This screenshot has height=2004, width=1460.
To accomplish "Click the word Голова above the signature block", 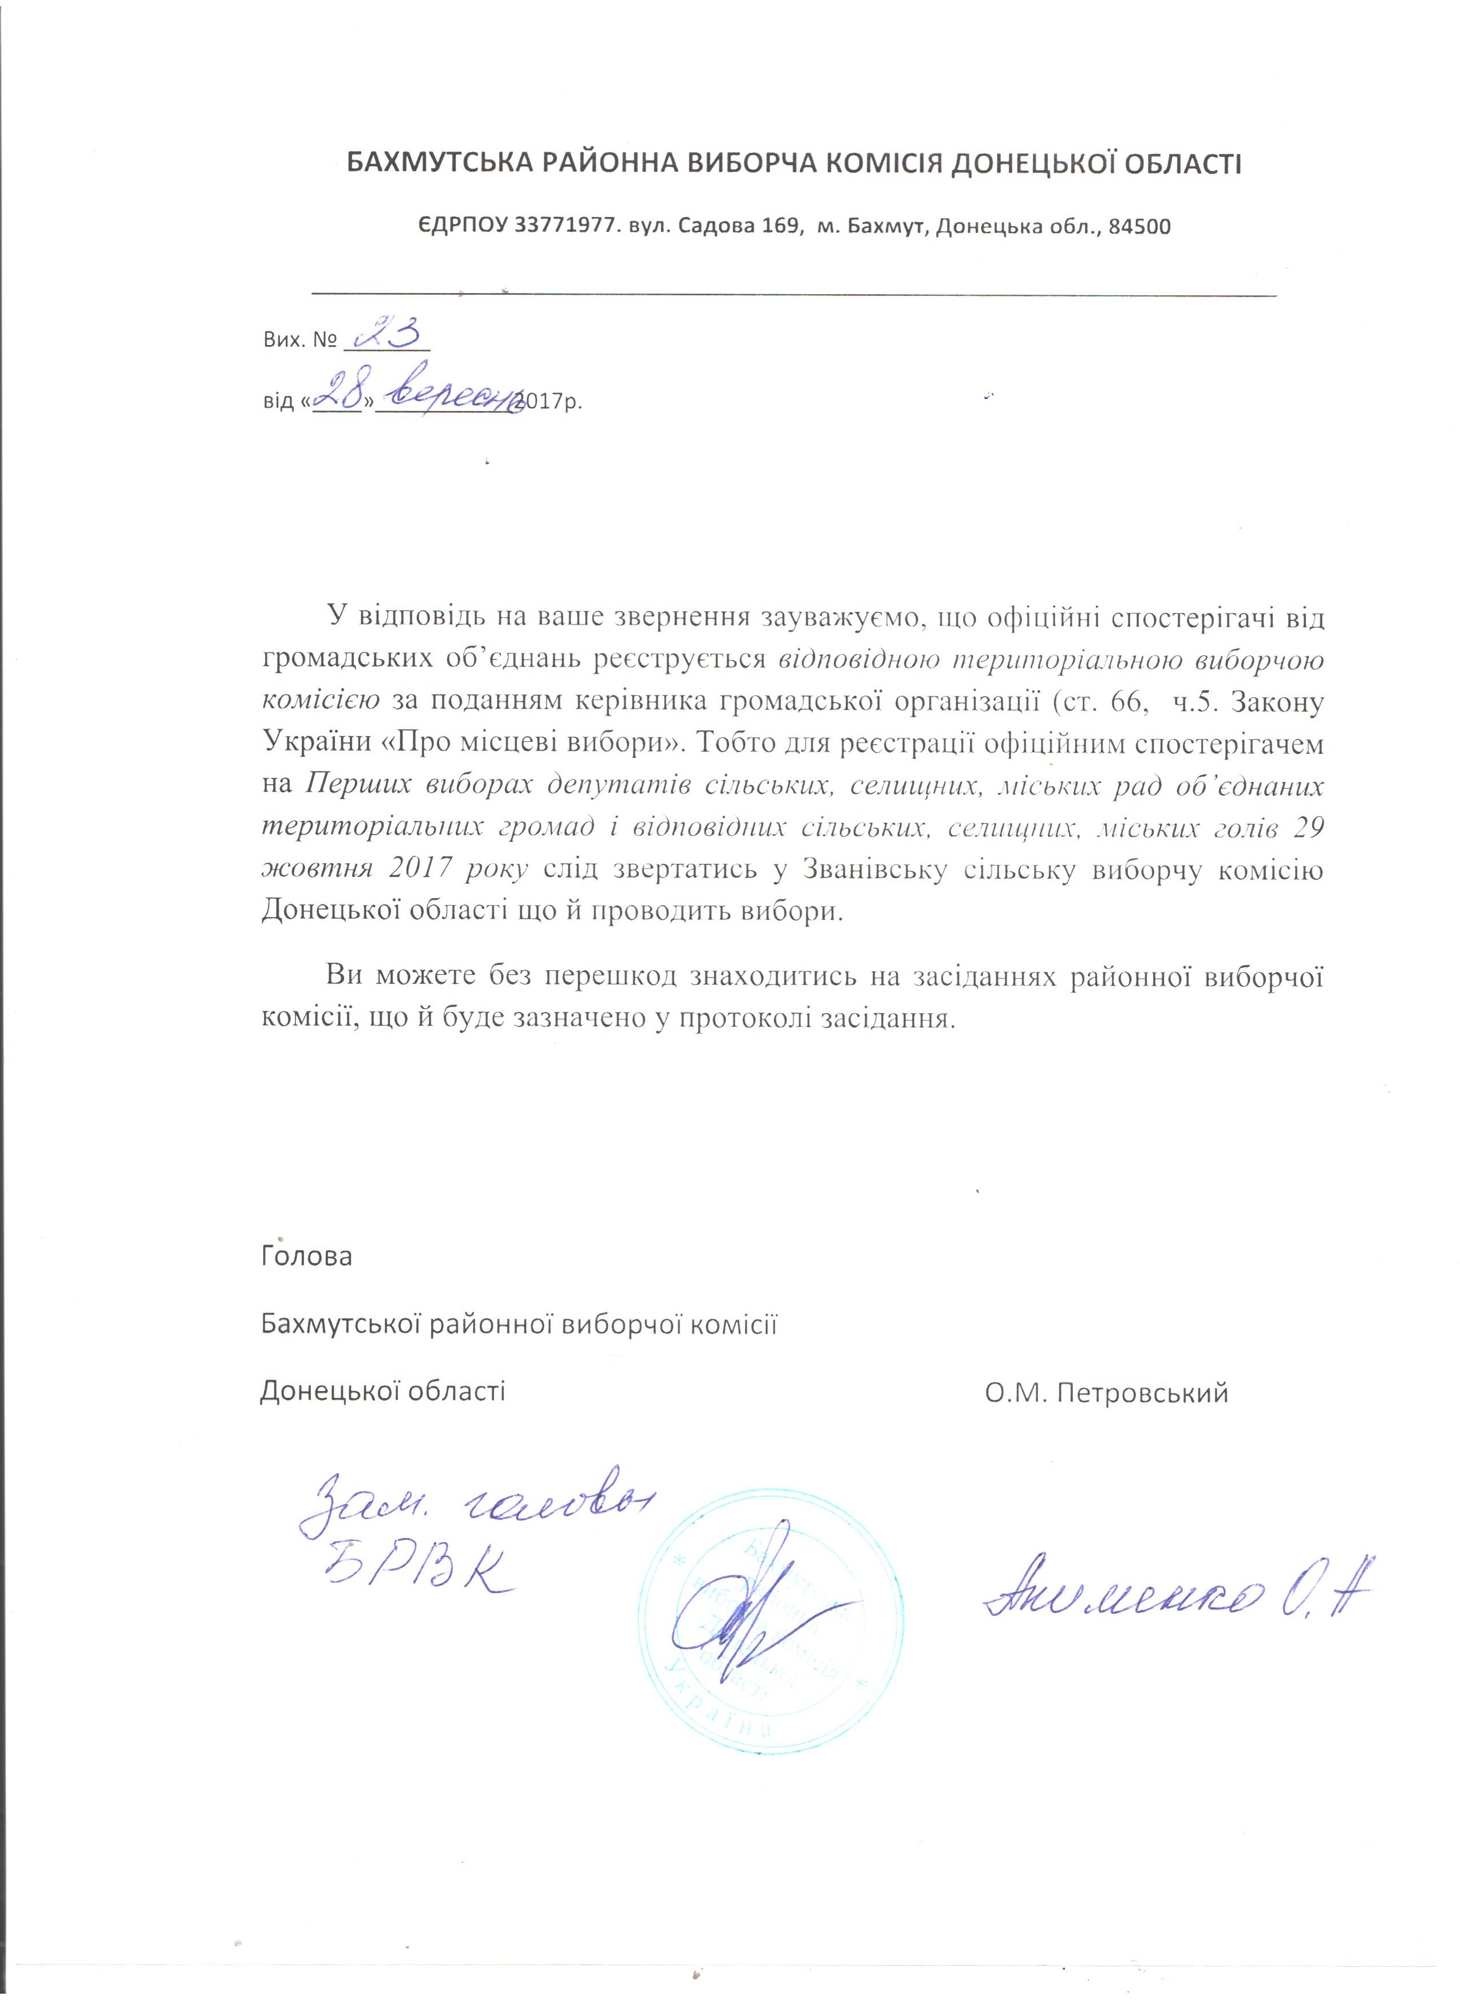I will tap(306, 1256).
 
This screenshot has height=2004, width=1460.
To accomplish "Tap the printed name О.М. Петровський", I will tap(1107, 1393).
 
